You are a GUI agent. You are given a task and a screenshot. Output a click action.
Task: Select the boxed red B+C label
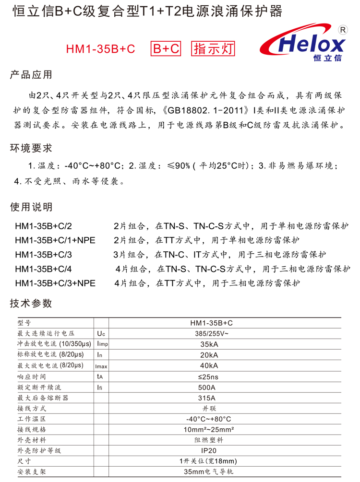pos(166,48)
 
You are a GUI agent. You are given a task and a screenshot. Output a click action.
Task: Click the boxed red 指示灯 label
pos(214,48)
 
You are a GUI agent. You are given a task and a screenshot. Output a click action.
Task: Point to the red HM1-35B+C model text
pos(100,49)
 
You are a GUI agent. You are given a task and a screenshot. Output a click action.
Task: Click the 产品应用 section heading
pos(31,75)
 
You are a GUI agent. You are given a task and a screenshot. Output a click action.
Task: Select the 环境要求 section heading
pos(31,148)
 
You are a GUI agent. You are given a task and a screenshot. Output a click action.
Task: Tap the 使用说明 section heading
pos(31,208)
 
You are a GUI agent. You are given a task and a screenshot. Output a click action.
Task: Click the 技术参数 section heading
pos(31,304)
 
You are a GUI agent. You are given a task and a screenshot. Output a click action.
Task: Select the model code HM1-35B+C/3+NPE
pos(55,283)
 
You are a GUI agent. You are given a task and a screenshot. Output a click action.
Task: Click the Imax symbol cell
pos(102,366)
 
